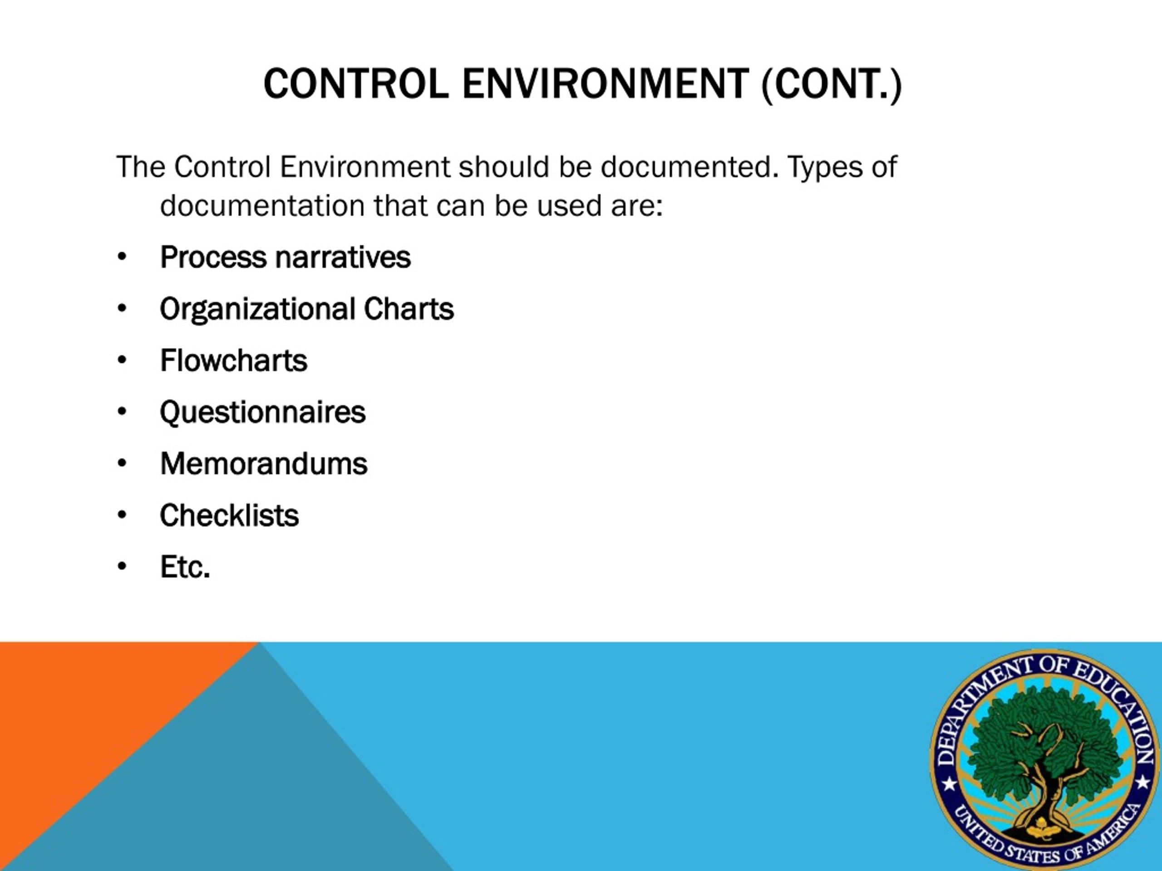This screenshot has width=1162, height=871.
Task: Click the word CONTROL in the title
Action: (356, 84)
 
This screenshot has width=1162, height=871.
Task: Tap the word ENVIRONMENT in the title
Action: (605, 84)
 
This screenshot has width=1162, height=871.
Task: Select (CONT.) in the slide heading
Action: (832, 84)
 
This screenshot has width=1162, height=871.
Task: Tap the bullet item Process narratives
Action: (285, 257)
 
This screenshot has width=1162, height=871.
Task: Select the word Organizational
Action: (258, 309)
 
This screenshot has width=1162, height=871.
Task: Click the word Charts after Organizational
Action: (409, 309)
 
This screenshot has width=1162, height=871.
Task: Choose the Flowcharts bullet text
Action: (234, 361)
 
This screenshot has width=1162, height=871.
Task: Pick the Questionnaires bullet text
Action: (263, 412)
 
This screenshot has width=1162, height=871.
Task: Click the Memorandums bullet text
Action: (264, 464)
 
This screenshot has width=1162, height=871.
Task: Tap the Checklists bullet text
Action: (230, 515)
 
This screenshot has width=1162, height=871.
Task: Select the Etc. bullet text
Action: (185, 567)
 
